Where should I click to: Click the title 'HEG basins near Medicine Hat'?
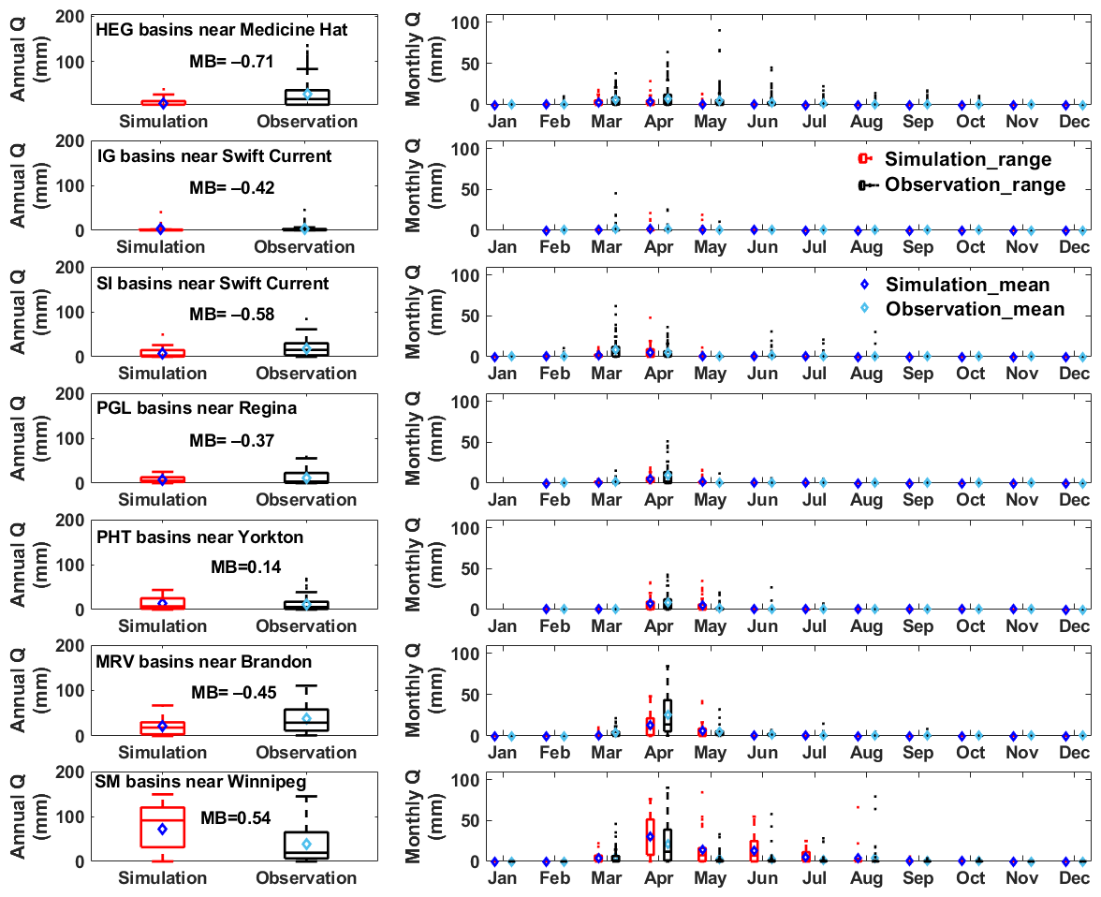click(222, 30)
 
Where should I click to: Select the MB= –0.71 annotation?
click(231, 62)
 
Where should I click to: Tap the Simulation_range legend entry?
click(967, 159)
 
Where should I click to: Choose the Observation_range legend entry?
click(975, 184)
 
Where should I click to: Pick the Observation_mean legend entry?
click(975, 309)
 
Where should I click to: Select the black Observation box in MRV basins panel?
click(306, 719)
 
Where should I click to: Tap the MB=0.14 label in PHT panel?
click(245, 566)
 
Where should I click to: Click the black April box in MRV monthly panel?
click(668, 718)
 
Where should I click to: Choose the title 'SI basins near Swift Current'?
click(213, 283)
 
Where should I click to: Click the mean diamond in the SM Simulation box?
click(163, 829)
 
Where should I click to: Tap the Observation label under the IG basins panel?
click(306, 247)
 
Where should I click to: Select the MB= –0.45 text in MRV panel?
click(234, 693)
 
